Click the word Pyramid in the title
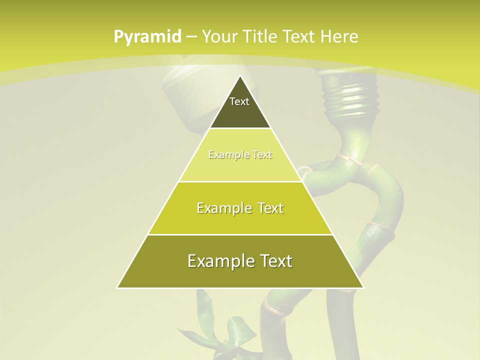click(x=147, y=36)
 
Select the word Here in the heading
click(x=339, y=36)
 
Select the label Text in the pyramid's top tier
click(x=239, y=101)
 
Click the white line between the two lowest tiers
click(x=240, y=234)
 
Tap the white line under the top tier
click(x=240, y=128)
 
